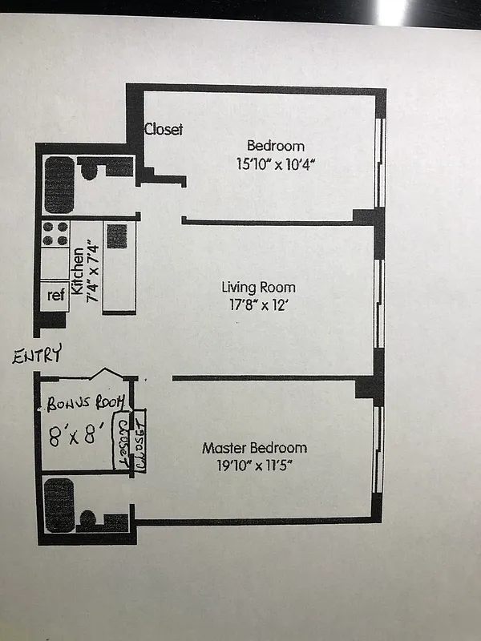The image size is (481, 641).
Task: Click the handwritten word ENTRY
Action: pos(37,356)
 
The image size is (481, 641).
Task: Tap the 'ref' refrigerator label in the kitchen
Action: pos(55,295)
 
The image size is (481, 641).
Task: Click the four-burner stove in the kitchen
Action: pos(55,233)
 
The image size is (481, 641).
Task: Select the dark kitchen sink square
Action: pos(116,234)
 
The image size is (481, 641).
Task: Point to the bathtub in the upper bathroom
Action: pos(59,184)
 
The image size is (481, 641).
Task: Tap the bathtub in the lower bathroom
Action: pos(59,505)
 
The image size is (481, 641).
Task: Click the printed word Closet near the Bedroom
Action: pos(164,129)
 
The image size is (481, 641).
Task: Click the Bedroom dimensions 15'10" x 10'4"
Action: pos(275,164)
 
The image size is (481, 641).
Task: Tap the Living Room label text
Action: pos(258,287)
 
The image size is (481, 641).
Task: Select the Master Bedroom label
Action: pos(254,448)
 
